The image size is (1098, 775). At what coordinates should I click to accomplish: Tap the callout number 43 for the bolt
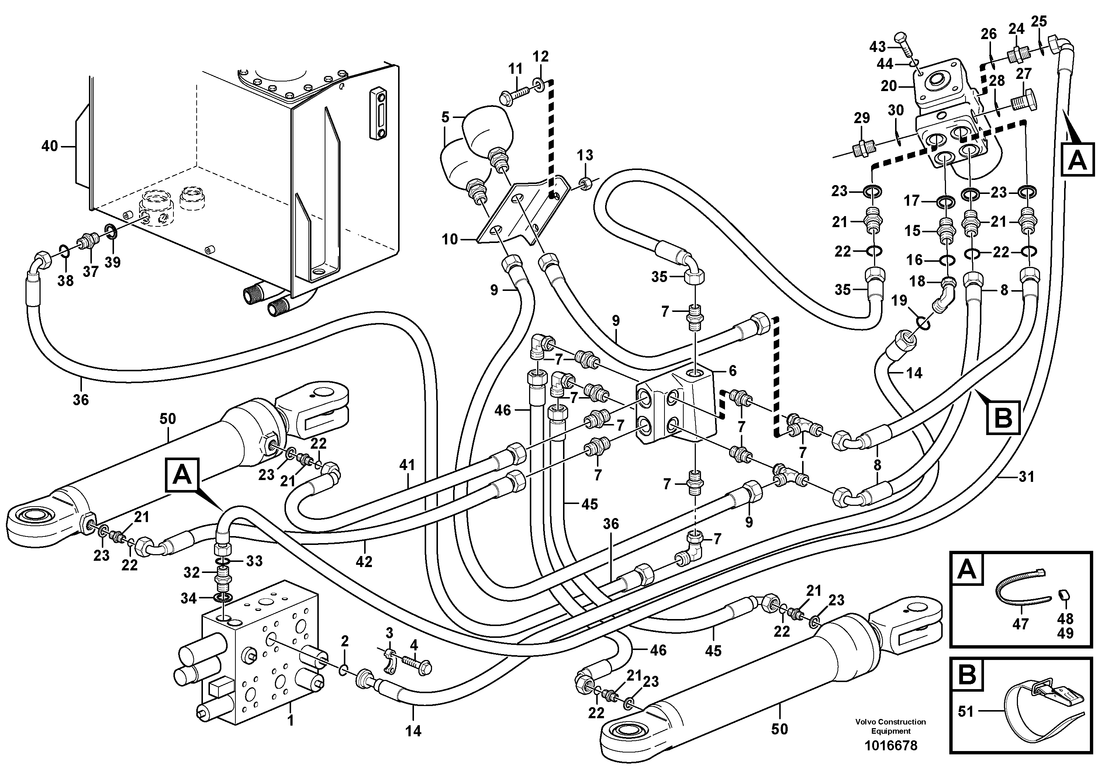pyautogui.click(x=877, y=46)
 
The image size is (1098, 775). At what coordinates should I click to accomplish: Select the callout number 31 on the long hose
pyautogui.click(x=1026, y=476)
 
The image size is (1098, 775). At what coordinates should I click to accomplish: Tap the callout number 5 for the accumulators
pyautogui.click(x=445, y=117)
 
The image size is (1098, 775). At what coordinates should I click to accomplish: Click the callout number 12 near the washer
pyautogui.click(x=541, y=56)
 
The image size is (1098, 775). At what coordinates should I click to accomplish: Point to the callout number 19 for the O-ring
pyautogui.click(x=899, y=300)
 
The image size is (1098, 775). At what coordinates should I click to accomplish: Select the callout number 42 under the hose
pyautogui.click(x=364, y=562)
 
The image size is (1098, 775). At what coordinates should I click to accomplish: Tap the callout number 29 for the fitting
pyautogui.click(x=862, y=118)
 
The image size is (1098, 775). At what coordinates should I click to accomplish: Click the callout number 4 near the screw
pyautogui.click(x=413, y=646)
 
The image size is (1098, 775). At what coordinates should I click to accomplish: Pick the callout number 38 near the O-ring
pyautogui.click(x=66, y=281)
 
